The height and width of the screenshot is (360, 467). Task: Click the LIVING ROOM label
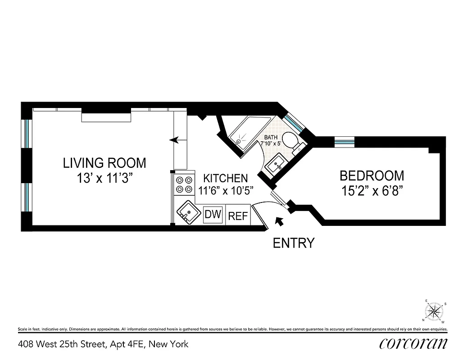pos(104,162)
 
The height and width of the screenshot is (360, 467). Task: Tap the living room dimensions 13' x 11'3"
pos(104,177)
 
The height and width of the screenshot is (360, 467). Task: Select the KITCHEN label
pos(225,178)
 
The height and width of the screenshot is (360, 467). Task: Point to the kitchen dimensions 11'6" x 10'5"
pos(227,190)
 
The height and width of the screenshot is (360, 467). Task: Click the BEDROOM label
pos(372,175)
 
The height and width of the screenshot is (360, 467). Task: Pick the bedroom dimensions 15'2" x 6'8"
pos(372,190)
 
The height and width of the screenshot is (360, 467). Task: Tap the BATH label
pos(271,137)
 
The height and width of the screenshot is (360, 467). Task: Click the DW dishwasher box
pos(213,215)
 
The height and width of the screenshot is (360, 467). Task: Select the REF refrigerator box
pos(238,216)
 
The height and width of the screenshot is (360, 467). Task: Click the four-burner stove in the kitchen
pos(183,184)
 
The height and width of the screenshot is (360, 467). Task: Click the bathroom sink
pos(274,165)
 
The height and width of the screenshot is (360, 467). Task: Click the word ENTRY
pos(294,243)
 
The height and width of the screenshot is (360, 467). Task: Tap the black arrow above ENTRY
pos(280,221)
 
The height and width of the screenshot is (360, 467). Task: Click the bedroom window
pos(345,142)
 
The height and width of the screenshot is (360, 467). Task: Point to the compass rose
pos(435,311)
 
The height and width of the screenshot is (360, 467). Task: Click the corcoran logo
pos(413,344)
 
